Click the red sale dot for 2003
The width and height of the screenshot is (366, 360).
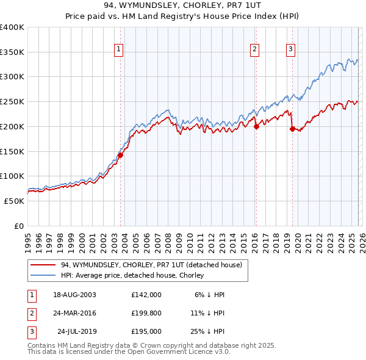coord(121,155)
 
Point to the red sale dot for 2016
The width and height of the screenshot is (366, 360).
coord(256,126)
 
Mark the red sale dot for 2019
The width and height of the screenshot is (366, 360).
coord(292,129)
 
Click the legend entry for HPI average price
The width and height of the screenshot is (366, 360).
coord(132,275)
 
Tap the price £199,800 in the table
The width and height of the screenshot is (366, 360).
coord(146,313)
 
